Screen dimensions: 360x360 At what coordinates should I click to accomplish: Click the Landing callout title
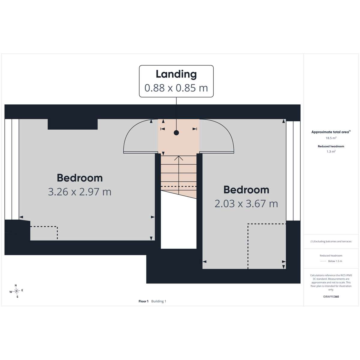coord(176,74)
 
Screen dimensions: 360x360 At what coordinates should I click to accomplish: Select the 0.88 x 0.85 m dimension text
coord(176,88)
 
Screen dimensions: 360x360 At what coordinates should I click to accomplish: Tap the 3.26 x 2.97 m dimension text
coord(80,192)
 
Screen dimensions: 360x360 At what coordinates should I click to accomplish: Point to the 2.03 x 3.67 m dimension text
coord(246,204)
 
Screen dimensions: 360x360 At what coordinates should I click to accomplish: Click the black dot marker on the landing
coord(176,133)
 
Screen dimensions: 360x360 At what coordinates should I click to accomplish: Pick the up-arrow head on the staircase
coord(179,158)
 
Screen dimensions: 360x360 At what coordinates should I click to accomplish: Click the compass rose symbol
coord(16,291)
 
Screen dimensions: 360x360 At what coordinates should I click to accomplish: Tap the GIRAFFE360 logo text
coord(331,296)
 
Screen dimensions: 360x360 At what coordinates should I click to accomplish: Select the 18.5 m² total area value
coord(331,138)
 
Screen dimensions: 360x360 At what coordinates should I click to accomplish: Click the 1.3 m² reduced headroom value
coord(331,151)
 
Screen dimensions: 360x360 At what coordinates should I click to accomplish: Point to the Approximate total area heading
coord(331,132)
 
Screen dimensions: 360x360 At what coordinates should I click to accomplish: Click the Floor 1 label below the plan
coord(143,301)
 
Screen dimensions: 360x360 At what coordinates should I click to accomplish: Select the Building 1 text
coord(159,301)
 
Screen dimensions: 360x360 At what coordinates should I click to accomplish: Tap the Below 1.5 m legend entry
coord(335,261)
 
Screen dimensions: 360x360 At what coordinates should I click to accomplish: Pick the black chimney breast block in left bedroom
coord(73,124)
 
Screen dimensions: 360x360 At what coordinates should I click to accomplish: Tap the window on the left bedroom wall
coord(12,169)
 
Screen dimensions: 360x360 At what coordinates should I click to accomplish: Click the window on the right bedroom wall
coord(293,171)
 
